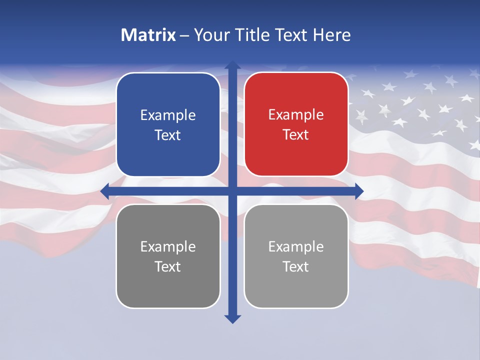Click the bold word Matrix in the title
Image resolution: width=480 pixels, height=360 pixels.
click(x=148, y=35)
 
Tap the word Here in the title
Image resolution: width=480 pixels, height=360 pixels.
click(x=332, y=35)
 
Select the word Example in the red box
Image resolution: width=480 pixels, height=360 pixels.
click(x=296, y=114)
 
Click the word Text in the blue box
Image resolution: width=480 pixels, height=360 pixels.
click(x=167, y=135)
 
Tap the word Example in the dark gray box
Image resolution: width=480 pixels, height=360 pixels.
click(x=167, y=246)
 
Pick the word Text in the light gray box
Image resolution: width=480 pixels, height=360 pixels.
click(x=295, y=266)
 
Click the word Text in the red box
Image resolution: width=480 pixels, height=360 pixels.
click(x=295, y=135)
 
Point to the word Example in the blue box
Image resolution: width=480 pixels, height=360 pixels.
click(x=167, y=115)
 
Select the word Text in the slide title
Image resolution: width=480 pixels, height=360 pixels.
click(x=291, y=35)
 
